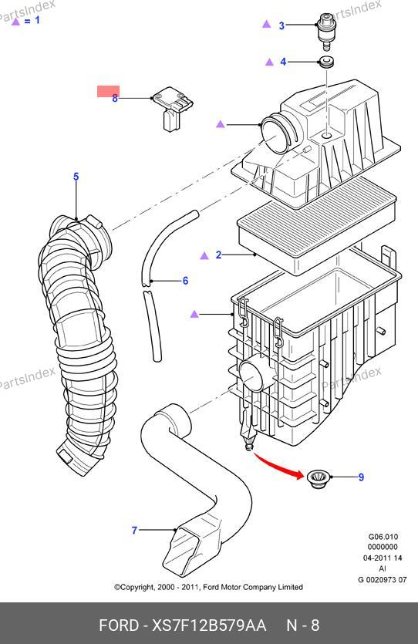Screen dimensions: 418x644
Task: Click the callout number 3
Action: (281, 25)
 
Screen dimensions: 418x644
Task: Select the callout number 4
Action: (283, 62)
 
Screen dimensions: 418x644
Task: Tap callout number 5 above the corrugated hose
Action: (76, 177)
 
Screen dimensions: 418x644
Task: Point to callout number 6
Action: (185, 281)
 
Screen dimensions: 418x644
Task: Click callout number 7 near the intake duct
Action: (134, 530)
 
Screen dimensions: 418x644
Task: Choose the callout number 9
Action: (361, 477)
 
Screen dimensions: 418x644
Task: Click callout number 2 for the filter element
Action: (218, 255)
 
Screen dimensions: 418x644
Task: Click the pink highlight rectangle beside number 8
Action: (109, 92)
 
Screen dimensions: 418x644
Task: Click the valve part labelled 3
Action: (326, 32)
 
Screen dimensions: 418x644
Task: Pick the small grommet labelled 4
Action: (326, 62)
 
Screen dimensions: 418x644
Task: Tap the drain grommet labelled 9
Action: (318, 480)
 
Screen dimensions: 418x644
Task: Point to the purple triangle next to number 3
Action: (267, 24)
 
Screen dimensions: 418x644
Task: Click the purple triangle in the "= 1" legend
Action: (15, 22)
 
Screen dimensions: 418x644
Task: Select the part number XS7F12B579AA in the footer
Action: (210, 625)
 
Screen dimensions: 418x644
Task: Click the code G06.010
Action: (383, 537)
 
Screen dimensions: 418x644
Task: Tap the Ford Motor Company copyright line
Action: (208, 587)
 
